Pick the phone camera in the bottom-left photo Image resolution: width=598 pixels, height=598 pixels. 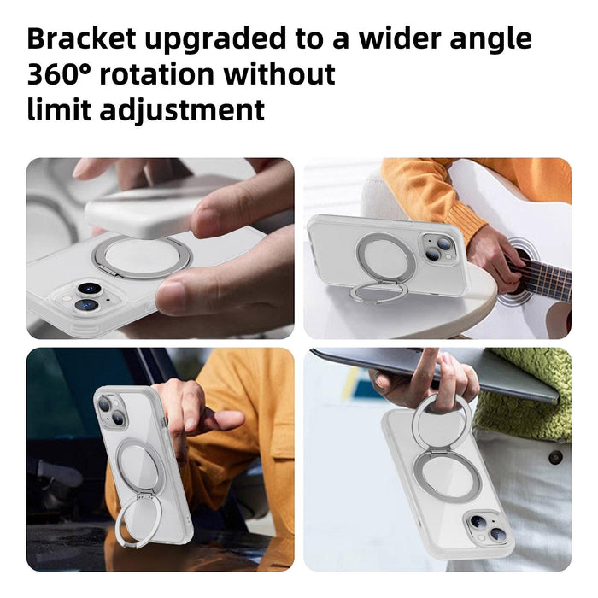110,411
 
